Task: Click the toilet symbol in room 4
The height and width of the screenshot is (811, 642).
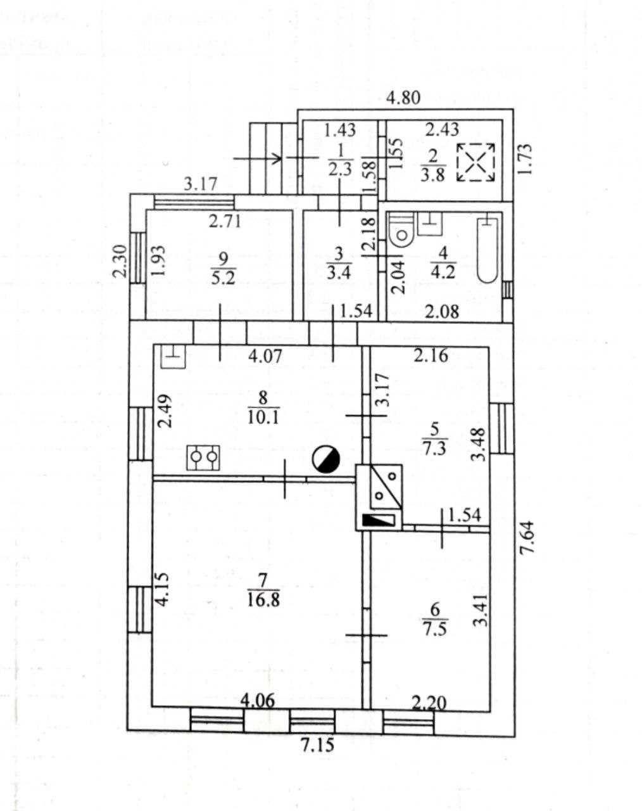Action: click(x=402, y=230)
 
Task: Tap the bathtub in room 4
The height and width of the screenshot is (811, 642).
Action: click(x=488, y=248)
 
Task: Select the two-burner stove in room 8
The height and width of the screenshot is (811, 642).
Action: click(x=203, y=457)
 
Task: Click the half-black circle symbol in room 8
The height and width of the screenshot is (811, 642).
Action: click(x=326, y=460)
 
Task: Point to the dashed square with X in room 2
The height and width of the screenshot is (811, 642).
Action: click(x=475, y=162)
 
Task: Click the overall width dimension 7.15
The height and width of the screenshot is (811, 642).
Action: click(x=318, y=744)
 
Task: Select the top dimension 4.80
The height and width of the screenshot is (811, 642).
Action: click(x=403, y=98)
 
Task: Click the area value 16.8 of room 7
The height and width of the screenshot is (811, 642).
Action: click(x=263, y=600)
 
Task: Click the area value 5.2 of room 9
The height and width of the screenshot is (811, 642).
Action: click(x=223, y=279)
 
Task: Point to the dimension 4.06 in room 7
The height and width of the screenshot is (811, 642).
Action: click(x=258, y=701)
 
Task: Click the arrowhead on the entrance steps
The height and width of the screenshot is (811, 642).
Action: click(x=277, y=158)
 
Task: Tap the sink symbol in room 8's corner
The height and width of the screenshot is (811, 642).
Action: click(x=173, y=355)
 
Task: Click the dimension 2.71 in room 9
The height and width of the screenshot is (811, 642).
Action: click(x=225, y=221)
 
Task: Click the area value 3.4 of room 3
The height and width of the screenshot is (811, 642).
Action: click(x=339, y=272)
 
